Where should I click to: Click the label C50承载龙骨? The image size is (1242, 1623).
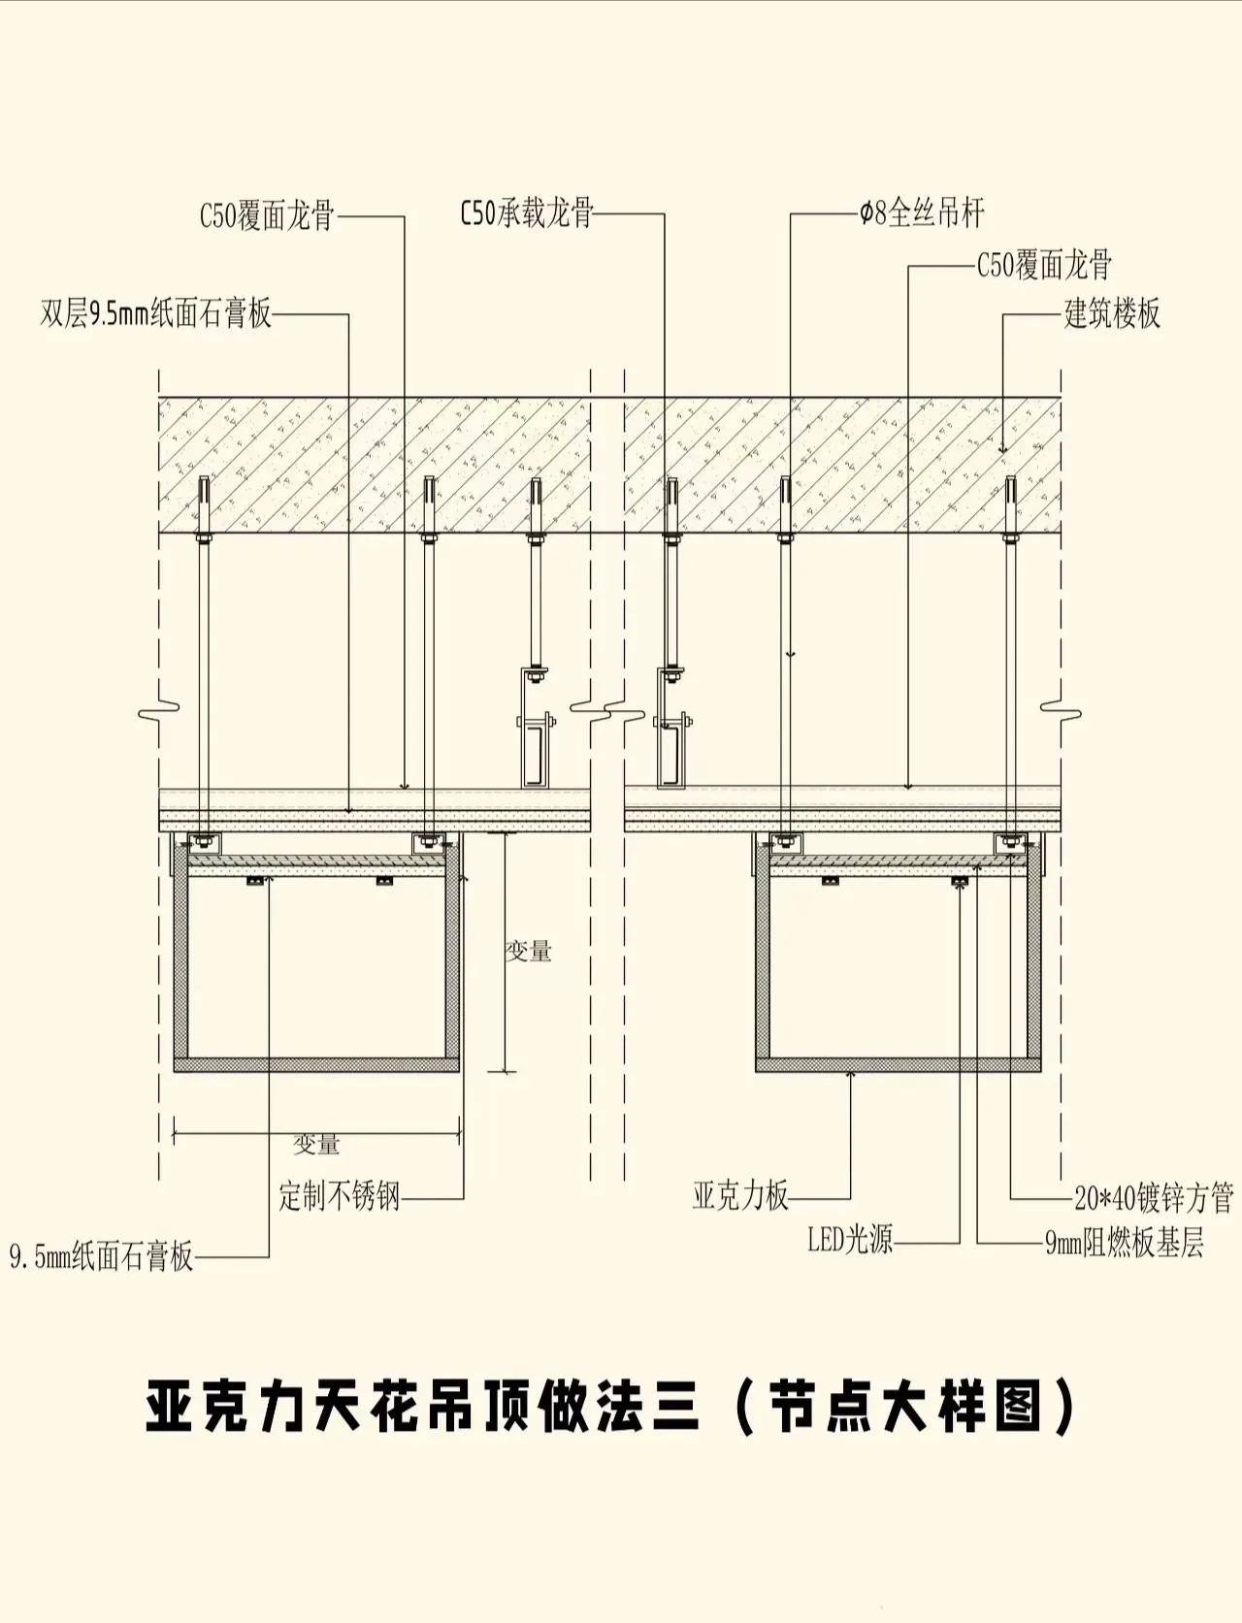tap(527, 213)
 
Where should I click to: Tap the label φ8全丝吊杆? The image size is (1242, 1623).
tap(921, 213)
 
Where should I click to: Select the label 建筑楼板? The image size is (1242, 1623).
tap(1112, 314)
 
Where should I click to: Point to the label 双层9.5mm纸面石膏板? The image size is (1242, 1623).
tap(156, 314)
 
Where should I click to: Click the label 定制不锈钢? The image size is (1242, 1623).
tap(340, 1196)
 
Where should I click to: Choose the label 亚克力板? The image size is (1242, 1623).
tap(740, 1196)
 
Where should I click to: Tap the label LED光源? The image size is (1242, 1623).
tap(850, 1240)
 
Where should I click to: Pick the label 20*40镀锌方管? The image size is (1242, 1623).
tap(1154, 1199)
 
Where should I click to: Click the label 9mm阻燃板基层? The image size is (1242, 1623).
tap(1125, 1243)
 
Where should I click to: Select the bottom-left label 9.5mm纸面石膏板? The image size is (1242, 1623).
tap(102, 1257)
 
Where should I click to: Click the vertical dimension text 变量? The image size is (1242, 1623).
tap(529, 952)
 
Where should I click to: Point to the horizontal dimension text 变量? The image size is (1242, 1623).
tap(317, 1145)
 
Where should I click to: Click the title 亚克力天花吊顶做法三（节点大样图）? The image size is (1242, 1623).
tap(610, 1408)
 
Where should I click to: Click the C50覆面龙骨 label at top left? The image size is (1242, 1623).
tap(267, 215)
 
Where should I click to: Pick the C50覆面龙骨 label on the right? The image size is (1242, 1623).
tap(1044, 265)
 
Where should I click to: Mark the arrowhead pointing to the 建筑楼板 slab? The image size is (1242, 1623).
tap(1003, 449)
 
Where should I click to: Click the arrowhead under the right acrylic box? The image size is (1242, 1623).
tap(851, 1074)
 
